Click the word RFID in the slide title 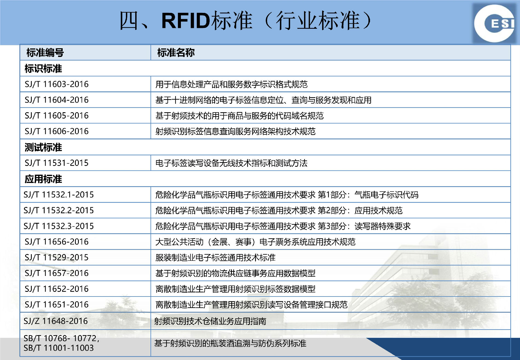click(186, 21)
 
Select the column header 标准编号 click(45, 52)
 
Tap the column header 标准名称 click(176, 52)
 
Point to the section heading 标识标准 click(43, 68)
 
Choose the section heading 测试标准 click(43, 147)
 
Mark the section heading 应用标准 click(43, 179)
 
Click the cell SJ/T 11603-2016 click(56, 84)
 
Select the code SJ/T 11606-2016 click(56, 131)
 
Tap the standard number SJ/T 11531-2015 click(56, 163)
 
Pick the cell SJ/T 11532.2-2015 click(59, 210)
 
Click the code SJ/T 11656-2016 click(56, 242)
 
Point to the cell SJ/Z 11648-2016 click(56, 321)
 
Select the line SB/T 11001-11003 click(59, 348)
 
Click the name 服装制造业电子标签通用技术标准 click(215, 257)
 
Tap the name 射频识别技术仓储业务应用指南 click(210, 321)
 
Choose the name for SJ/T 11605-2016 click(239, 116)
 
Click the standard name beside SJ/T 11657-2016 click(235, 273)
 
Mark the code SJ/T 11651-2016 click(56, 304)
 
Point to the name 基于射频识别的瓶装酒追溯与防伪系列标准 click(230, 343)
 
